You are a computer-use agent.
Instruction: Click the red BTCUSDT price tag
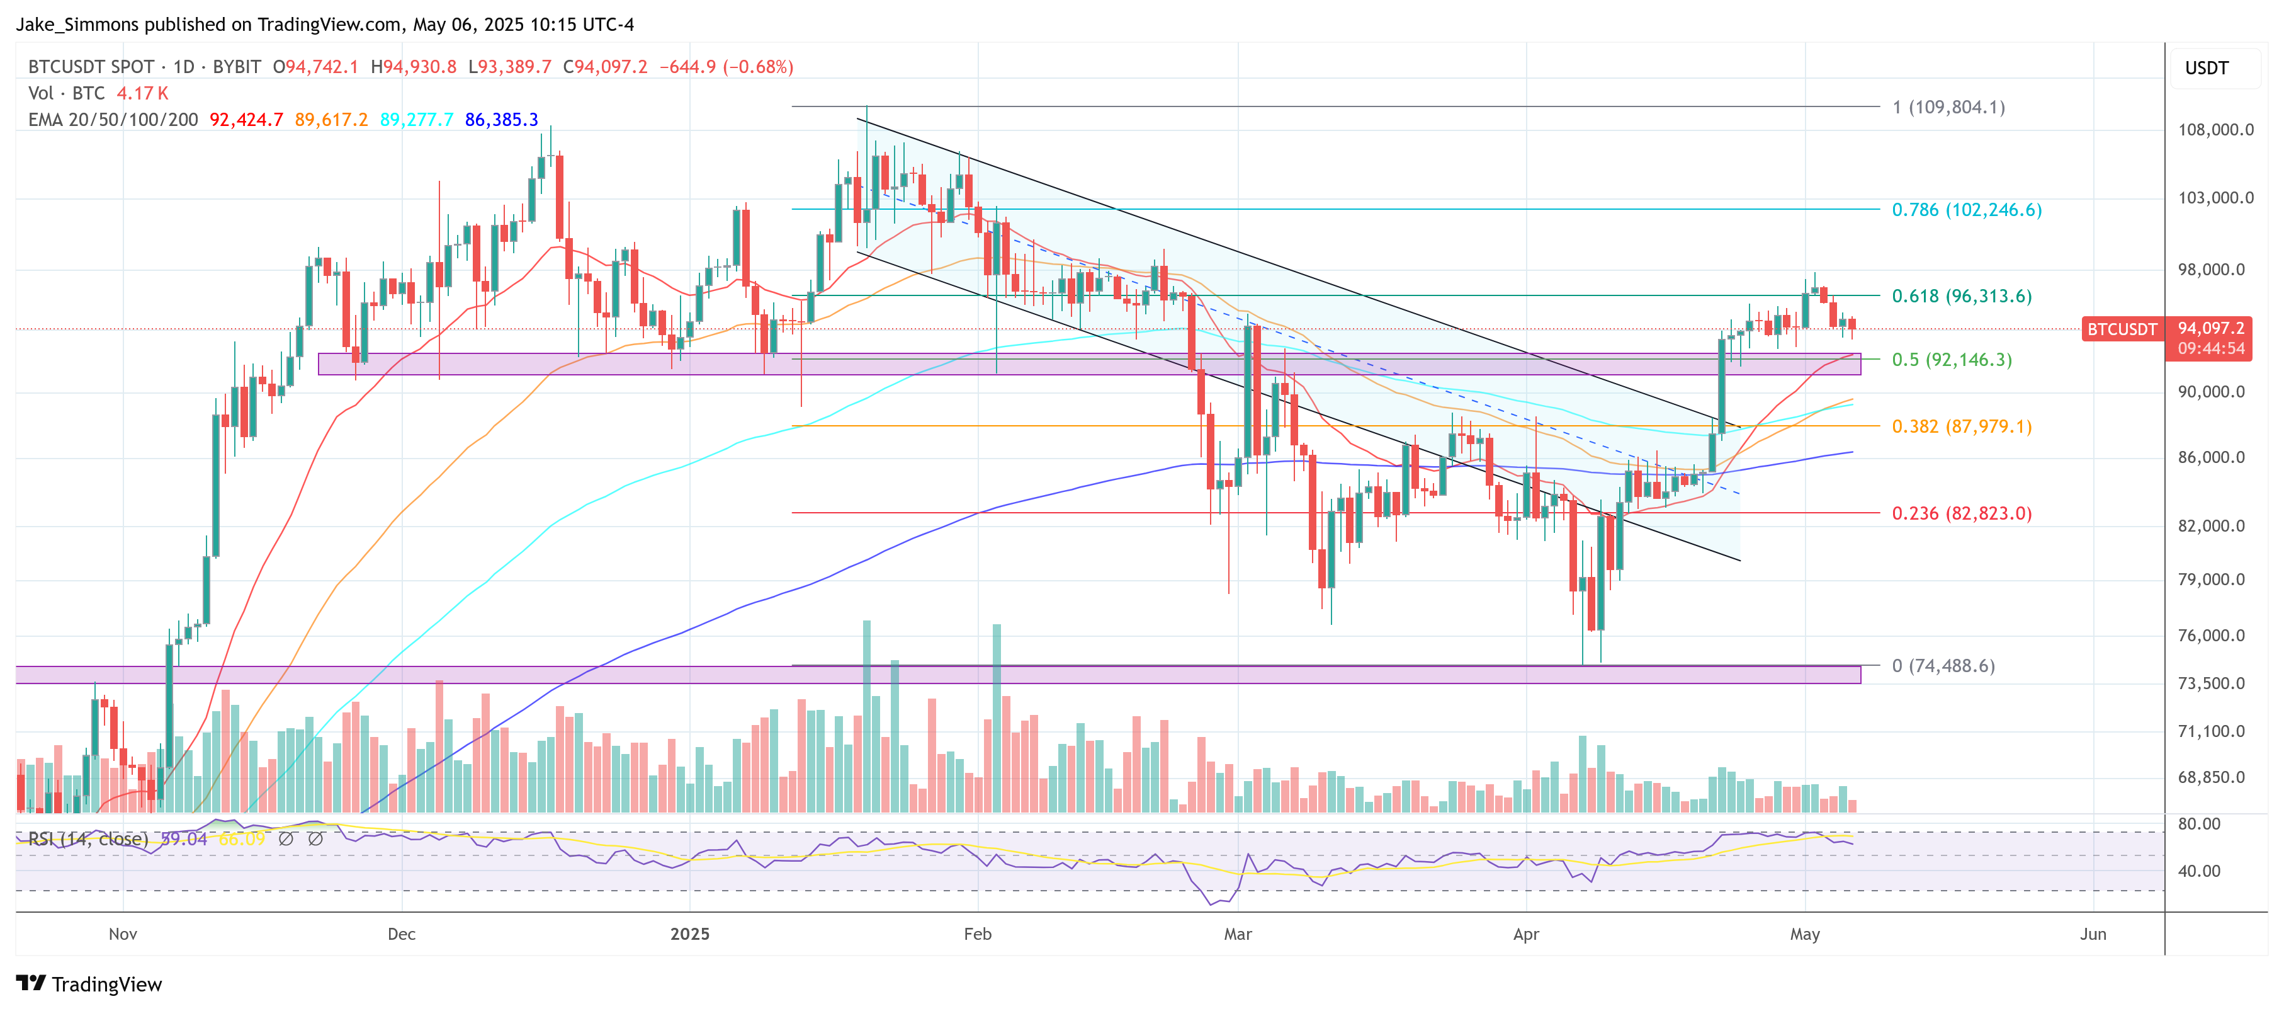click(2121, 329)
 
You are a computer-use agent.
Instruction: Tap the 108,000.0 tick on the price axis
click(2215, 130)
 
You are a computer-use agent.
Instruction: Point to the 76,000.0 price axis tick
click(2215, 635)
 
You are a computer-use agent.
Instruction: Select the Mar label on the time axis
click(1237, 934)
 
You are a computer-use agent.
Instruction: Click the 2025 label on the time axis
click(690, 934)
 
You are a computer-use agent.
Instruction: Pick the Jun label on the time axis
click(2093, 934)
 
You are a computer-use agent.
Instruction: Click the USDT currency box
click(2206, 68)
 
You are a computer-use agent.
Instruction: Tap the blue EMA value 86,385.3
click(501, 120)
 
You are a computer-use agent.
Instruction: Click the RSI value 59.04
click(184, 839)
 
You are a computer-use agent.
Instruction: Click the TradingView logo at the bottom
click(89, 985)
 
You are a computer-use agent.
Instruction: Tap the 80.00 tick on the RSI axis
click(2199, 824)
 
